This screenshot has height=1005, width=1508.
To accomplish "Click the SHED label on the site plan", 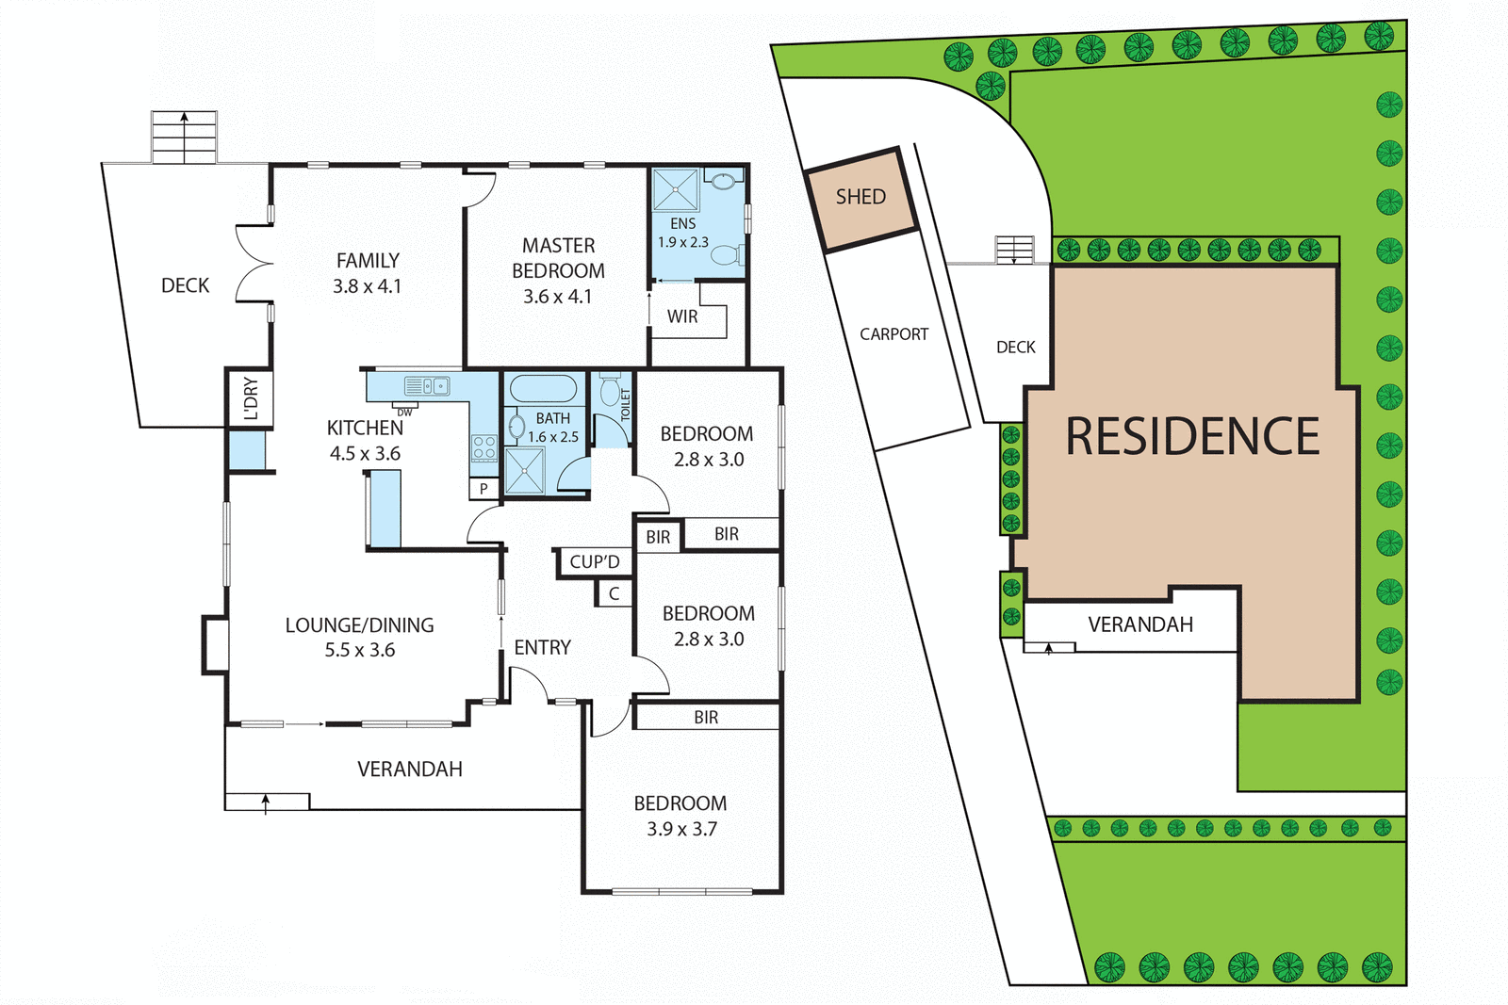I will point(861,197).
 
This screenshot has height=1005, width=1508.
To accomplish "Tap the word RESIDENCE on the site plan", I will point(1192,436).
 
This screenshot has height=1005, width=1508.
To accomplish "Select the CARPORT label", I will point(893,334).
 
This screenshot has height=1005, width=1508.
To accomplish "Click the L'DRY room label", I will point(250,397).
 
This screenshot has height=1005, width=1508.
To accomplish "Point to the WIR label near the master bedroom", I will point(682,316).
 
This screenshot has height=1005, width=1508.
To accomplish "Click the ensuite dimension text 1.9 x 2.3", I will point(683,242).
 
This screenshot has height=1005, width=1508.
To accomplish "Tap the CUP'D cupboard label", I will point(595,562).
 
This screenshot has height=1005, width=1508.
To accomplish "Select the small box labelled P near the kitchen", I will point(484,489).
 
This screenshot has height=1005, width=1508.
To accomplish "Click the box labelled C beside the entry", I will point(614,593).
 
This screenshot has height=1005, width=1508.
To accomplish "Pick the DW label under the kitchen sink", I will point(404,413).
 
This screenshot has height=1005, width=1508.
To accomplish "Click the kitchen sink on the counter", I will point(434,385).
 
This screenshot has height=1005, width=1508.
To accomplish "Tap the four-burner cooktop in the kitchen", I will point(484,447).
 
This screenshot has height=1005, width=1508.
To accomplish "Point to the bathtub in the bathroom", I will point(543,389).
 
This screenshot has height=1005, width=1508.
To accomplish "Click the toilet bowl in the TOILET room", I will point(610,391).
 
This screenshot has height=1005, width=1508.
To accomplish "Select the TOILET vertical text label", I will point(625,405).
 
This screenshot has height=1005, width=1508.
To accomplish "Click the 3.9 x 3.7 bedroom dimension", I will point(681,829).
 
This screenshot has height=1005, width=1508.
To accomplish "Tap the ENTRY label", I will point(542,647).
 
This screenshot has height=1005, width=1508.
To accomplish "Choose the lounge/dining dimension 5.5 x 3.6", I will point(360,650).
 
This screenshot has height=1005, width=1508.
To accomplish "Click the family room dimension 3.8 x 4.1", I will point(367,286).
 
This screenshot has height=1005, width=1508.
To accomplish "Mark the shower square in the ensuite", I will point(676,189).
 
